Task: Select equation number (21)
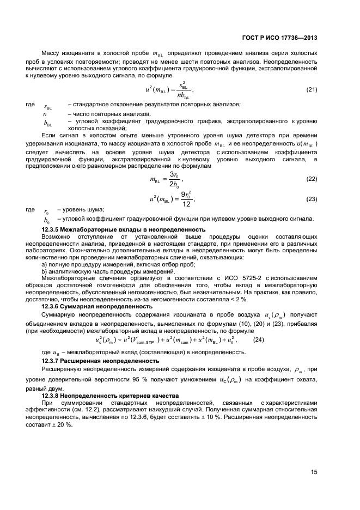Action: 312,89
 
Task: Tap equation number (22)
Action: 312,179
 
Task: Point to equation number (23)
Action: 312,199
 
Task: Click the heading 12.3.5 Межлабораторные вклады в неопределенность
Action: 124,230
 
